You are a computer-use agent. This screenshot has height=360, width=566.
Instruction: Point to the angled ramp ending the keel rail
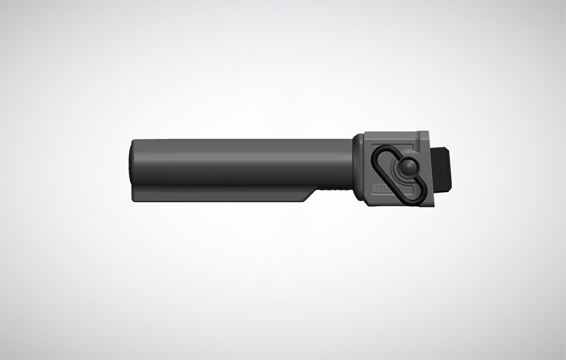coord(311,194)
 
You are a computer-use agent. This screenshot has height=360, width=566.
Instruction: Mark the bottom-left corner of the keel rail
coord(133,200)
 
